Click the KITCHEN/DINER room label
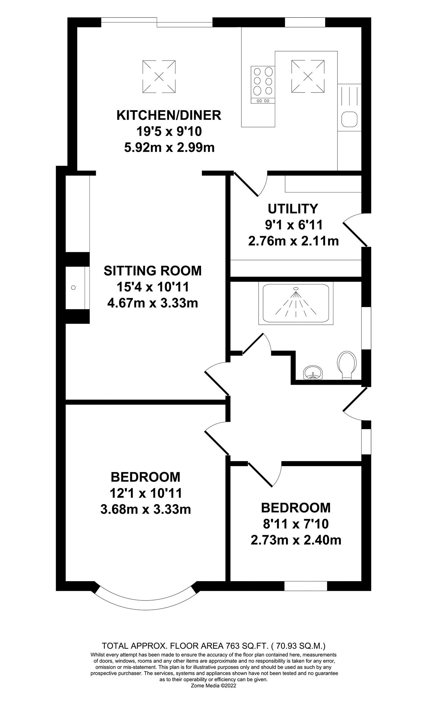click(x=169, y=115)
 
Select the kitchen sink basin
click(x=349, y=119)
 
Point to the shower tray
click(x=296, y=303)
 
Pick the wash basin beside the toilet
click(x=313, y=373)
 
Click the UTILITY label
click(x=293, y=208)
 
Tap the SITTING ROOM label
click(x=152, y=271)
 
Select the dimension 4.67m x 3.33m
click(x=152, y=303)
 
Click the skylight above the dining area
click(x=159, y=76)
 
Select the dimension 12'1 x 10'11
click(x=146, y=493)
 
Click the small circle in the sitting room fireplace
click(x=73, y=288)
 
